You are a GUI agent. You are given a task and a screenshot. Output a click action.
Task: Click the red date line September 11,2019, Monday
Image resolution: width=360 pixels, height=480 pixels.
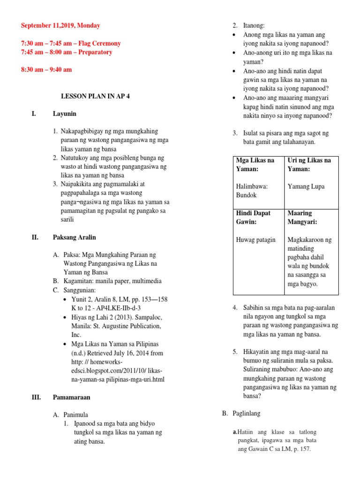pos(60,26)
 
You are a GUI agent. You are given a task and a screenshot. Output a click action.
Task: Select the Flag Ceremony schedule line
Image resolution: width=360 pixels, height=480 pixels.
pos(71,43)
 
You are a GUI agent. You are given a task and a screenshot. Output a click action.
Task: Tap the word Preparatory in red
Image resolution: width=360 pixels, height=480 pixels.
pos(95,52)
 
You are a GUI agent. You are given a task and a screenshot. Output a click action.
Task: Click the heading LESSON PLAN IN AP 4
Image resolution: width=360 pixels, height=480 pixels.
pos(96,96)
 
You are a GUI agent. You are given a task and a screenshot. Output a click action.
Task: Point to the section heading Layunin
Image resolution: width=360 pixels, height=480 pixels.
pos(65,114)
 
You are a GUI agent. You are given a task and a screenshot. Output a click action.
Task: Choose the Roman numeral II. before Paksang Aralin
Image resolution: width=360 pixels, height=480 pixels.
pos(35,237)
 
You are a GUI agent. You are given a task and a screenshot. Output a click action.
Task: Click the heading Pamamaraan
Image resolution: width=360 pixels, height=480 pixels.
pos(71,397)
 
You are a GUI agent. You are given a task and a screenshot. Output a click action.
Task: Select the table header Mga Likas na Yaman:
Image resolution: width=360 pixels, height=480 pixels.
pos(255,165)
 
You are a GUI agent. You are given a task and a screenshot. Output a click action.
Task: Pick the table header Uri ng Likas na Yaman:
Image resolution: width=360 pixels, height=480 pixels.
pos(309,165)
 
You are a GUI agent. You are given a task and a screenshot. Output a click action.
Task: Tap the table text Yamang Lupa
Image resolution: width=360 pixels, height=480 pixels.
pos(306,187)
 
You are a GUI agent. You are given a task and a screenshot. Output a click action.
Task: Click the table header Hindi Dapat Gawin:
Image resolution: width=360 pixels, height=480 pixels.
pos(254,217)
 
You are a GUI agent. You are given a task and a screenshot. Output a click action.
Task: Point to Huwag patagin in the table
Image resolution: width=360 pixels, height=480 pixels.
pos(256,240)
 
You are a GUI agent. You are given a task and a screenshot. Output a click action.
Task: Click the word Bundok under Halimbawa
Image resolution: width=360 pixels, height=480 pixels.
pos(247,195)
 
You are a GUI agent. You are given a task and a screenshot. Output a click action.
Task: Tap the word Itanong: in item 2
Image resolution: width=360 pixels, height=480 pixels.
pos(254,26)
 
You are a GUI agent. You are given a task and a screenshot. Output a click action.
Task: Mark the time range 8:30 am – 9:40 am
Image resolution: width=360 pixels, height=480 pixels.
pos(46,69)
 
